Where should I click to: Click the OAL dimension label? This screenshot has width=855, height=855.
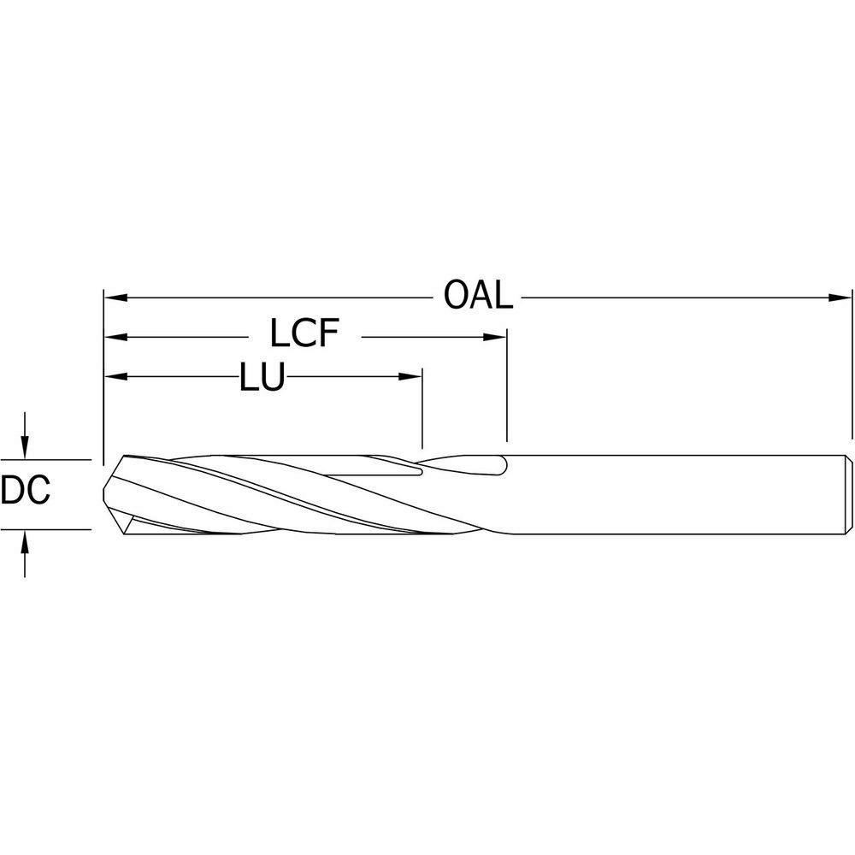click(x=478, y=297)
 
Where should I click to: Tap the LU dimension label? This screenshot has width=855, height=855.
click(x=261, y=376)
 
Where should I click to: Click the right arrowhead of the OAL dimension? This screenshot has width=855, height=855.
click(x=841, y=298)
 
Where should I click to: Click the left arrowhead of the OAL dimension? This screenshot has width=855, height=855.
click(x=115, y=298)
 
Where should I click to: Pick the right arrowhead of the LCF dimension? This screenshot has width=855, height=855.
click(x=497, y=338)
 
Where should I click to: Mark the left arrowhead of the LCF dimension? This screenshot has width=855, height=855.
click(x=115, y=338)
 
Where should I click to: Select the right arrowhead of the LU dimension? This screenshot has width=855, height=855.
click(x=411, y=376)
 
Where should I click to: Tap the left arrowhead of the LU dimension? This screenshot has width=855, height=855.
click(x=115, y=376)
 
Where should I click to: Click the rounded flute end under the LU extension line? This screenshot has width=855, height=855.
click(x=419, y=469)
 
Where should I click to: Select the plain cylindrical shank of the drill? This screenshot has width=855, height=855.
click(x=675, y=494)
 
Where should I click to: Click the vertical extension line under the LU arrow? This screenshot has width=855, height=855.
click(x=422, y=410)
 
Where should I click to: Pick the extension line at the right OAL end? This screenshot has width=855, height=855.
click(x=852, y=368)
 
